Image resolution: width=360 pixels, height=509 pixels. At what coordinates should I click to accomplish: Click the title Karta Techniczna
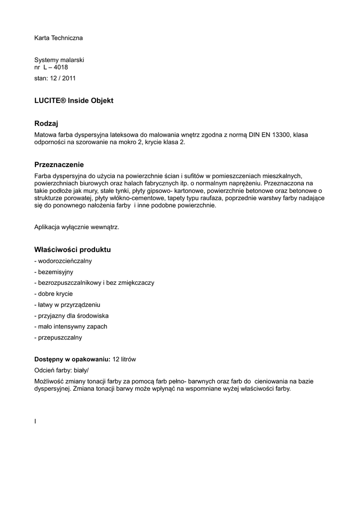58,38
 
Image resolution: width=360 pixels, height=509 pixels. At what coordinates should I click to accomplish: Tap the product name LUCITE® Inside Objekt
74,100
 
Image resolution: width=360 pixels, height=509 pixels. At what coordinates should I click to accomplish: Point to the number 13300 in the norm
281,134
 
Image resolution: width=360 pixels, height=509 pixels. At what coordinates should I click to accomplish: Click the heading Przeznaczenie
59,165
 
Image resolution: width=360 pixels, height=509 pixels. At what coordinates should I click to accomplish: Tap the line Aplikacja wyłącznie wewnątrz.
77,227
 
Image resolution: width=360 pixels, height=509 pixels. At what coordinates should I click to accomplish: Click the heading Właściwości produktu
72,249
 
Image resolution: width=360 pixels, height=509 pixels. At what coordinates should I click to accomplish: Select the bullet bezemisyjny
54,272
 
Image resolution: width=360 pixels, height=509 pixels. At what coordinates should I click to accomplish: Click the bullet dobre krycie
53,294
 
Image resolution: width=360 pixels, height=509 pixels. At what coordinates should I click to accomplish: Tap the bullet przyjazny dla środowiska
71,316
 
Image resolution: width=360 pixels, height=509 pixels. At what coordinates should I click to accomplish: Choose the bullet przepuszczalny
58,338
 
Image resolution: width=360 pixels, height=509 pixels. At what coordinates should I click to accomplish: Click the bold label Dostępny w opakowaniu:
72,359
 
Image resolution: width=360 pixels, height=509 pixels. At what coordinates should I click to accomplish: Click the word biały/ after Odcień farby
83,370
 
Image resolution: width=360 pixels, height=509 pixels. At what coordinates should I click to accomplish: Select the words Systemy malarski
59,60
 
